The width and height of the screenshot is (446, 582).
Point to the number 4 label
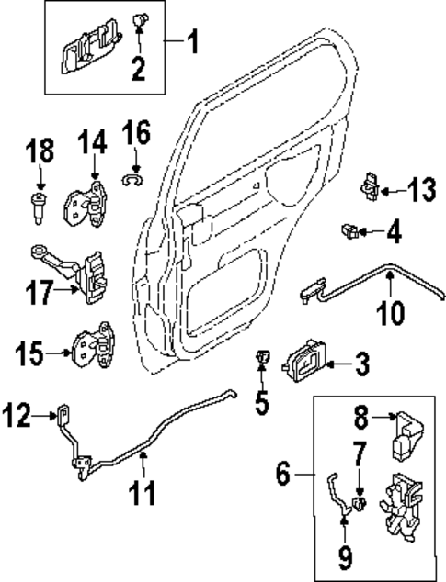click(393, 232)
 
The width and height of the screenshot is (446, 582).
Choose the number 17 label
click(38, 294)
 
